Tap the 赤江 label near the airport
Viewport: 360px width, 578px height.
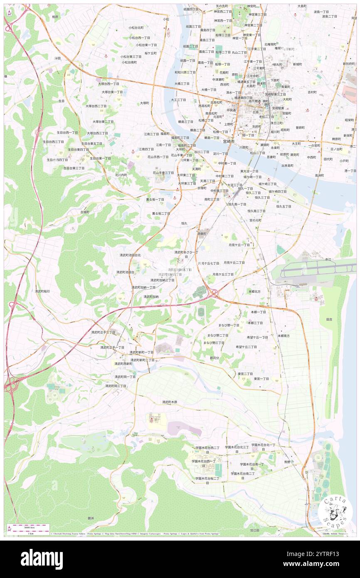coord(328,259)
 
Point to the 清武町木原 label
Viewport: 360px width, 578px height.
coord(170,402)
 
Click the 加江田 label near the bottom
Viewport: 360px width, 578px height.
coord(255,530)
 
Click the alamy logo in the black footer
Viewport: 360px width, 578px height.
coord(42,559)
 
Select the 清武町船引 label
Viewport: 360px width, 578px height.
coord(42,291)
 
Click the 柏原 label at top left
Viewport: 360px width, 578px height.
coord(55,17)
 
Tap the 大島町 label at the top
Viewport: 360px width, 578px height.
coord(302,6)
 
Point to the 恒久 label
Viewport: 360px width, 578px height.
coord(184,223)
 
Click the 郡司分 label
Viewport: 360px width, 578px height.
coord(214,358)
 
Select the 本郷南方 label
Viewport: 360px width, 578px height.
coord(284,336)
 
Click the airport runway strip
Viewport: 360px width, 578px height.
coord(316,268)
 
